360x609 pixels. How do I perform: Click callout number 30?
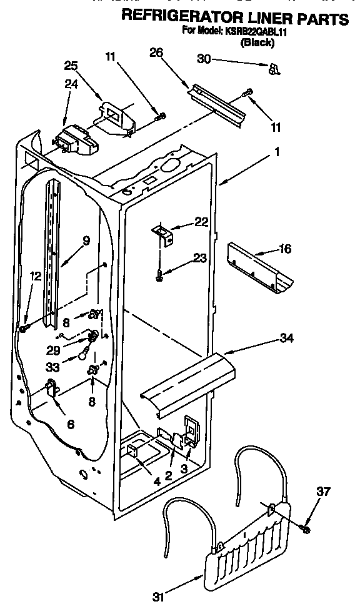(x=204, y=60)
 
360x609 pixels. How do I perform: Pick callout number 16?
(x=285, y=249)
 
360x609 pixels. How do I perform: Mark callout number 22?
(x=200, y=222)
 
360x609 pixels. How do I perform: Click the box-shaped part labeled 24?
(x=75, y=140)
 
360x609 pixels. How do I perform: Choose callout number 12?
(x=35, y=275)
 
